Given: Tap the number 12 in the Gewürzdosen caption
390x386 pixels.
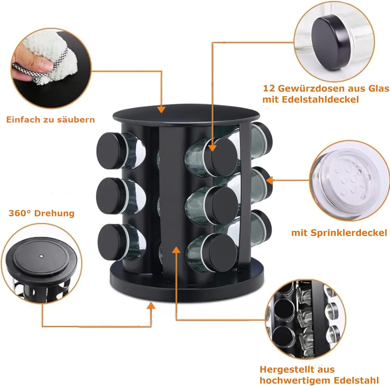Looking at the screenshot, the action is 269,88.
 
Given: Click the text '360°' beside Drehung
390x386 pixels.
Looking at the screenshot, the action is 20,213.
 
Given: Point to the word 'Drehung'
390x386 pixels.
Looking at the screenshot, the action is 54,213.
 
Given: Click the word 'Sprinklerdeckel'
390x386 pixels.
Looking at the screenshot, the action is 349,233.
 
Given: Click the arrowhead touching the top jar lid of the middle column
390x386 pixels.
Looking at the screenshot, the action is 212,147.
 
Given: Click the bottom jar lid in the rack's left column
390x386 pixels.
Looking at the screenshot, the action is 112,242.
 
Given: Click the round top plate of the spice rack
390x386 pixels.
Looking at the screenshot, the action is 186,114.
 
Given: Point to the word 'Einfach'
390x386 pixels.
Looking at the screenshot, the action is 23,119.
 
